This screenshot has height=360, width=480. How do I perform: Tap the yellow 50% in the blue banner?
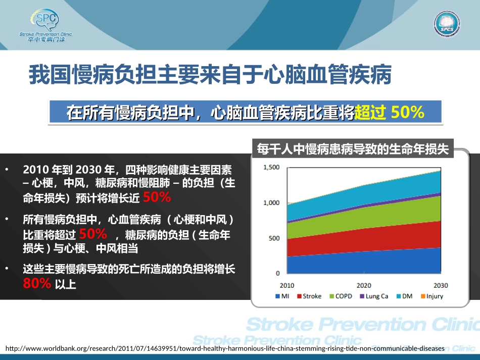[407, 112]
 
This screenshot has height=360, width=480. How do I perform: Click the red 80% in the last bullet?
[37, 284]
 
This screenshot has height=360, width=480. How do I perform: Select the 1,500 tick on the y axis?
[271, 167]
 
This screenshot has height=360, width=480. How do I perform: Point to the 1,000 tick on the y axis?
[271, 202]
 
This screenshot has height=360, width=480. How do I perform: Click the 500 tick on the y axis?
[273, 238]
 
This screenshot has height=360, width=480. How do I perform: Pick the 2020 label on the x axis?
[363, 285]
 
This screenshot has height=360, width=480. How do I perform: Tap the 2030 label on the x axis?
[440, 285]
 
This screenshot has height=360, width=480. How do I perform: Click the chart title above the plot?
[352, 149]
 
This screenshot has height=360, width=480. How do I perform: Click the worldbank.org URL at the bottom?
[224, 348]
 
